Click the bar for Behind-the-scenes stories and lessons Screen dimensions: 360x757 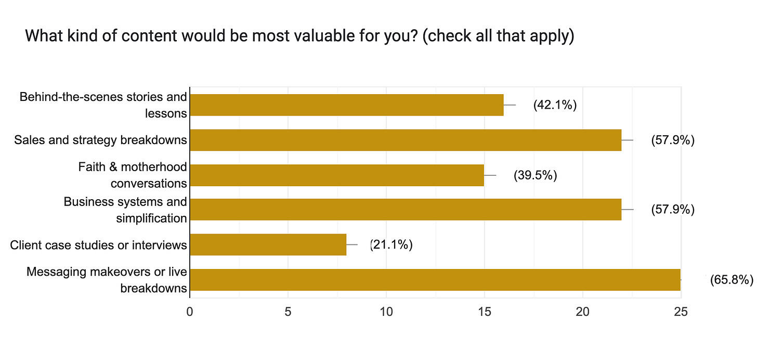pos(347,105)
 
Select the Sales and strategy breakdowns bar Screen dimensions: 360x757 pos(406,140)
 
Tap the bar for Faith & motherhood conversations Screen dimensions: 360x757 pos(337,175)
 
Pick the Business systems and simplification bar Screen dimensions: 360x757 pos(406,210)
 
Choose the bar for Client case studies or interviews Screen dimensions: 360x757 pos(268,245)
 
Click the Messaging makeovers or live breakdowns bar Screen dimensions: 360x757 pos(435,280)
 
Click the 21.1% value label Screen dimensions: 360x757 pos(391,245)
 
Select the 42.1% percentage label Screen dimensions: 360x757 pos(555,105)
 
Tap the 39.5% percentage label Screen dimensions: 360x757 pos(536,175)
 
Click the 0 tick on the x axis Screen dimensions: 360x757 pos(190,312)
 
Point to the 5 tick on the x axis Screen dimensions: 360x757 pos(288,312)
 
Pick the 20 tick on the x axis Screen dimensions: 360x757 pos(582,312)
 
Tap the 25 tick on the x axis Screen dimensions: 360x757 pos(681,312)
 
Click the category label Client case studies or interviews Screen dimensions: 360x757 pos(98,245)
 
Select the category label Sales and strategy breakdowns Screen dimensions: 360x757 pos(100,140)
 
